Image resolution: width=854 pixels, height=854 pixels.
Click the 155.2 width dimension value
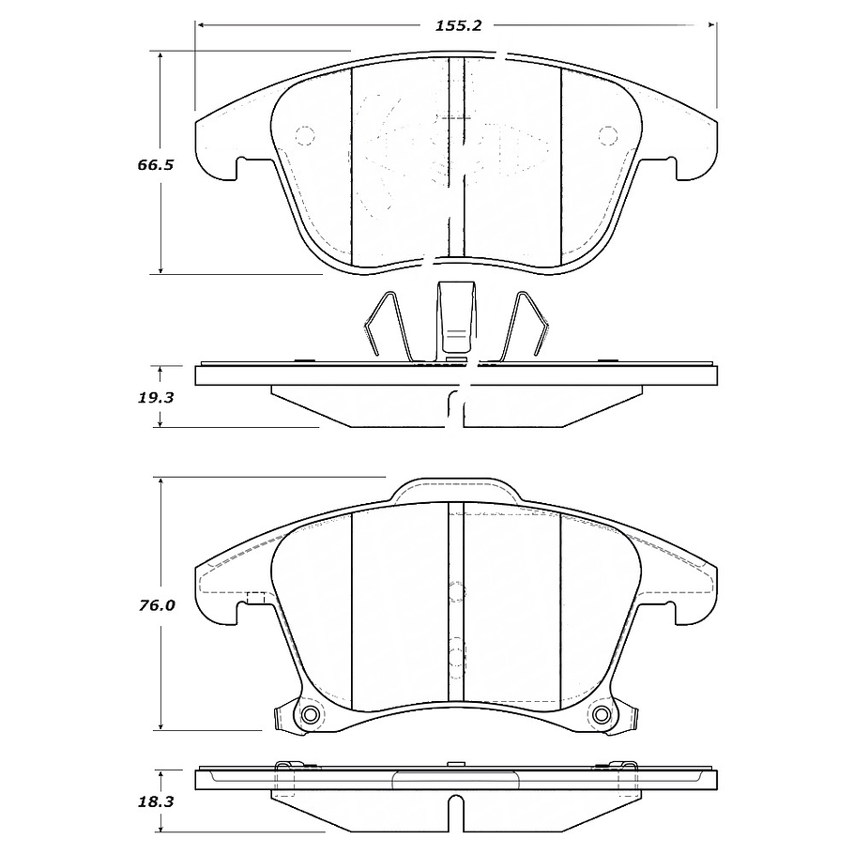point(458,25)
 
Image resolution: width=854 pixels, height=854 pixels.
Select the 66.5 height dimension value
point(155,164)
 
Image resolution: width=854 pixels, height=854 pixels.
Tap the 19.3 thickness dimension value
point(155,398)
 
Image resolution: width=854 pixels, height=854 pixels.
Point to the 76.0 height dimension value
point(157,605)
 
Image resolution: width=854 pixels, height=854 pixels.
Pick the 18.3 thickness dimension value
point(155,801)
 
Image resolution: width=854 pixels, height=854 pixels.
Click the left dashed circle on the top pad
point(304,135)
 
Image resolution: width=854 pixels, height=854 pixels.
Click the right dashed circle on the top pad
point(607,135)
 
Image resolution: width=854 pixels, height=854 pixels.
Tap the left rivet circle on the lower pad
point(311,714)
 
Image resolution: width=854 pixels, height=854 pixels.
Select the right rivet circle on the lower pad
point(602,714)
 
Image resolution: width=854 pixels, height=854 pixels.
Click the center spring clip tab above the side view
point(456,317)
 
